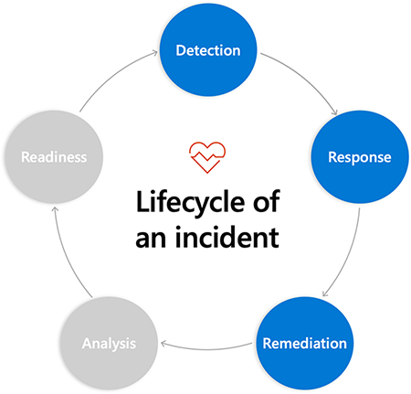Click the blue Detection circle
[208, 50]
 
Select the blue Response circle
[360, 157]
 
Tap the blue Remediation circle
[304, 344]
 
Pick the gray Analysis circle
[109, 344]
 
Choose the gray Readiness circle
[54, 157]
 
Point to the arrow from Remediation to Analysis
[207, 349]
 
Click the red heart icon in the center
[207, 157]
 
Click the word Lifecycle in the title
[190, 203]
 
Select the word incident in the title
[227, 237]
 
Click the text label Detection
[208, 50]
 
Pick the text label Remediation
[304, 344]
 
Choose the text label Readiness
[54, 157]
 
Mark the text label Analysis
[109, 344]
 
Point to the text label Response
[360, 158]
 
